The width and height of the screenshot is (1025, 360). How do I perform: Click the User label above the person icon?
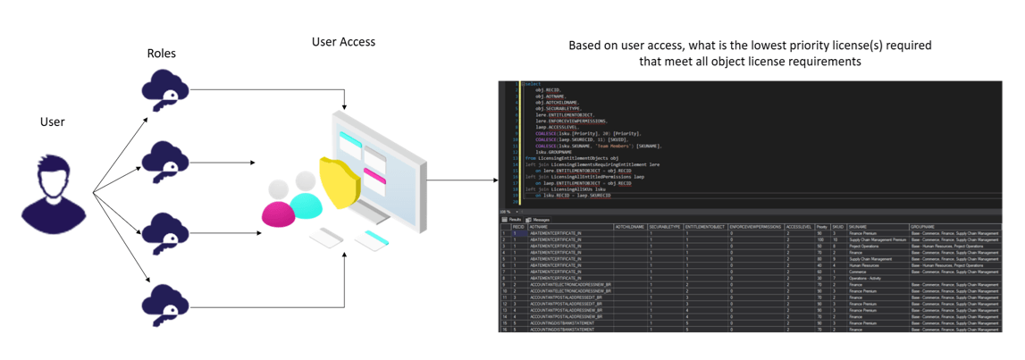click(x=53, y=121)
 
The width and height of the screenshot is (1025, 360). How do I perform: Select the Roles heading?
click(x=161, y=54)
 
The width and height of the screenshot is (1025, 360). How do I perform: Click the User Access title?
click(x=343, y=42)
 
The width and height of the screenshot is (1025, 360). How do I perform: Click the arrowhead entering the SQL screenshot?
click(x=494, y=180)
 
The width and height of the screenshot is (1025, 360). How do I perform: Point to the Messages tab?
click(x=539, y=219)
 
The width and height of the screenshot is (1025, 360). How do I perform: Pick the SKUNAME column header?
click(x=859, y=227)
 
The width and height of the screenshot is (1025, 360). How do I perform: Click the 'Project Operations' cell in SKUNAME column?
click(x=867, y=246)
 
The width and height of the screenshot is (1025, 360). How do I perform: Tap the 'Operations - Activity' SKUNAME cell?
click(x=868, y=278)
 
